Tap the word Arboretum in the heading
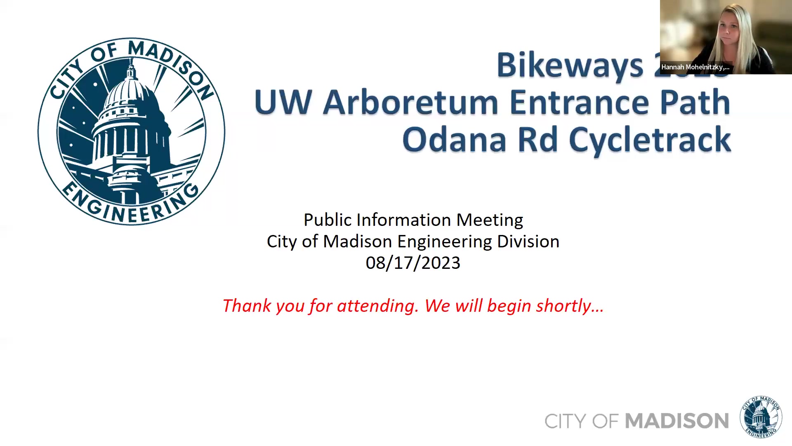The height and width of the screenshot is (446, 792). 410,102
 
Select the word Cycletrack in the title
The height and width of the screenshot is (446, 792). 650,140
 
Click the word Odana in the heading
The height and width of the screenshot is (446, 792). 454,140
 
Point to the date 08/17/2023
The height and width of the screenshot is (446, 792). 413,263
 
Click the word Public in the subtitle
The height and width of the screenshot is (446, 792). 328,220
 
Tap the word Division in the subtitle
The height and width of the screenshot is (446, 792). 528,242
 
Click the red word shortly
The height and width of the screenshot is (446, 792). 569,306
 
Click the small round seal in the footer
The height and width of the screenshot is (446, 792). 761,417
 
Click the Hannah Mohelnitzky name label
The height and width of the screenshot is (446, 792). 695,67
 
